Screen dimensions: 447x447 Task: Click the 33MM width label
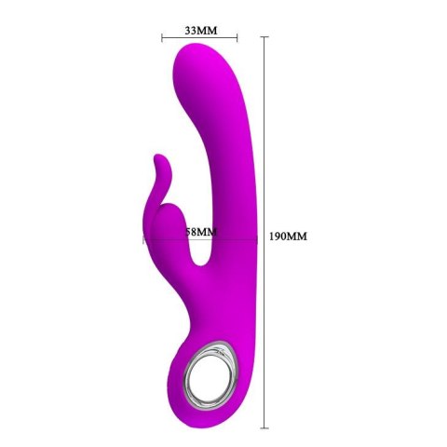point(200,30)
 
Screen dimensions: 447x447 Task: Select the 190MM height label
point(287,237)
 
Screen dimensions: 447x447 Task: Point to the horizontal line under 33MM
point(200,38)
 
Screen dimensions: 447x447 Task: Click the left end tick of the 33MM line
point(162,38)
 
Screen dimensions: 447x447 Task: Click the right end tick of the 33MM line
point(238,38)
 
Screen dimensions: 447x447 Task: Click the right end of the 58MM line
point(256,240)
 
